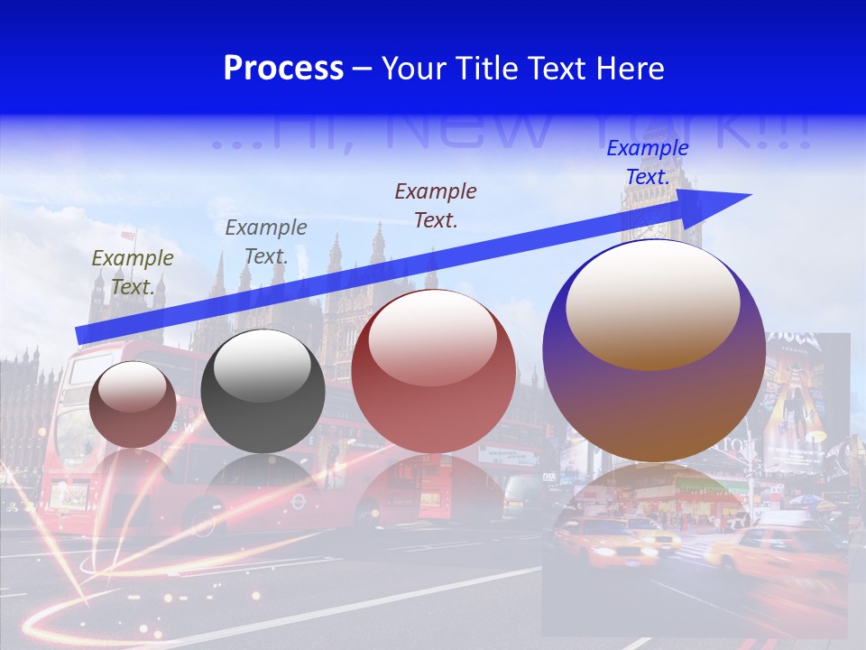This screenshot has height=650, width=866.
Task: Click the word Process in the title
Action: pyautogui.click(x=283, y=69)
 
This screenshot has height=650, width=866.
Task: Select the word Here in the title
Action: pyautogui.click(x=629, y=69)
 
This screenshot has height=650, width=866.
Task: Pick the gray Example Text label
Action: pyautogui.click(x=266, y=242)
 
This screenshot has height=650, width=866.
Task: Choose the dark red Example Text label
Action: pyautogui.click(x=436, y=205)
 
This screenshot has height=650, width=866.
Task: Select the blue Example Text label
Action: pyautogui.click(x=647, y=162)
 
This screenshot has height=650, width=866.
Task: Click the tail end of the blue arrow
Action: pyautogui.click(x=79, y=335)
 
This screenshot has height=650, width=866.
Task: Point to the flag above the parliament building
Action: pyautogui.click(x=129, y=235)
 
